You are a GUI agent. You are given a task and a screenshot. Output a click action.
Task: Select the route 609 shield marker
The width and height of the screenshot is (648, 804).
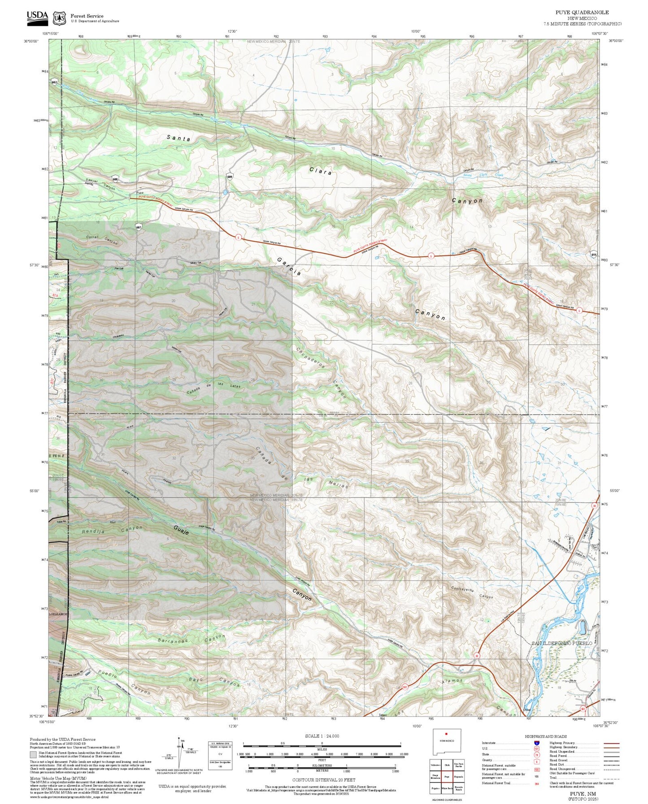[230, 176]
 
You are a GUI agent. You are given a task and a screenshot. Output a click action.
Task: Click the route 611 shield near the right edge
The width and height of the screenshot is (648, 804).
[594, 254]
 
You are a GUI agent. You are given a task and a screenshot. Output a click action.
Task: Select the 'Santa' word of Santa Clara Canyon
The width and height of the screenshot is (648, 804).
[178, 138]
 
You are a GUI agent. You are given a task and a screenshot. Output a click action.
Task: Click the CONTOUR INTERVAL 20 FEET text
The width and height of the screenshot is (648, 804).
[323, 780]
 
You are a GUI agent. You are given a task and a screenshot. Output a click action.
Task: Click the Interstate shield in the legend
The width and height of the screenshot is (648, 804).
[536, 743]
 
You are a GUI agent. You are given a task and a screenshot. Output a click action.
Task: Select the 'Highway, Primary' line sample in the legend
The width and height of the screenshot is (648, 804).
[611, 743]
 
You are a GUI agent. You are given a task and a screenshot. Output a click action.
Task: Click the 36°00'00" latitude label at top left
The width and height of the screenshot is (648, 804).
[31, 41]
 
